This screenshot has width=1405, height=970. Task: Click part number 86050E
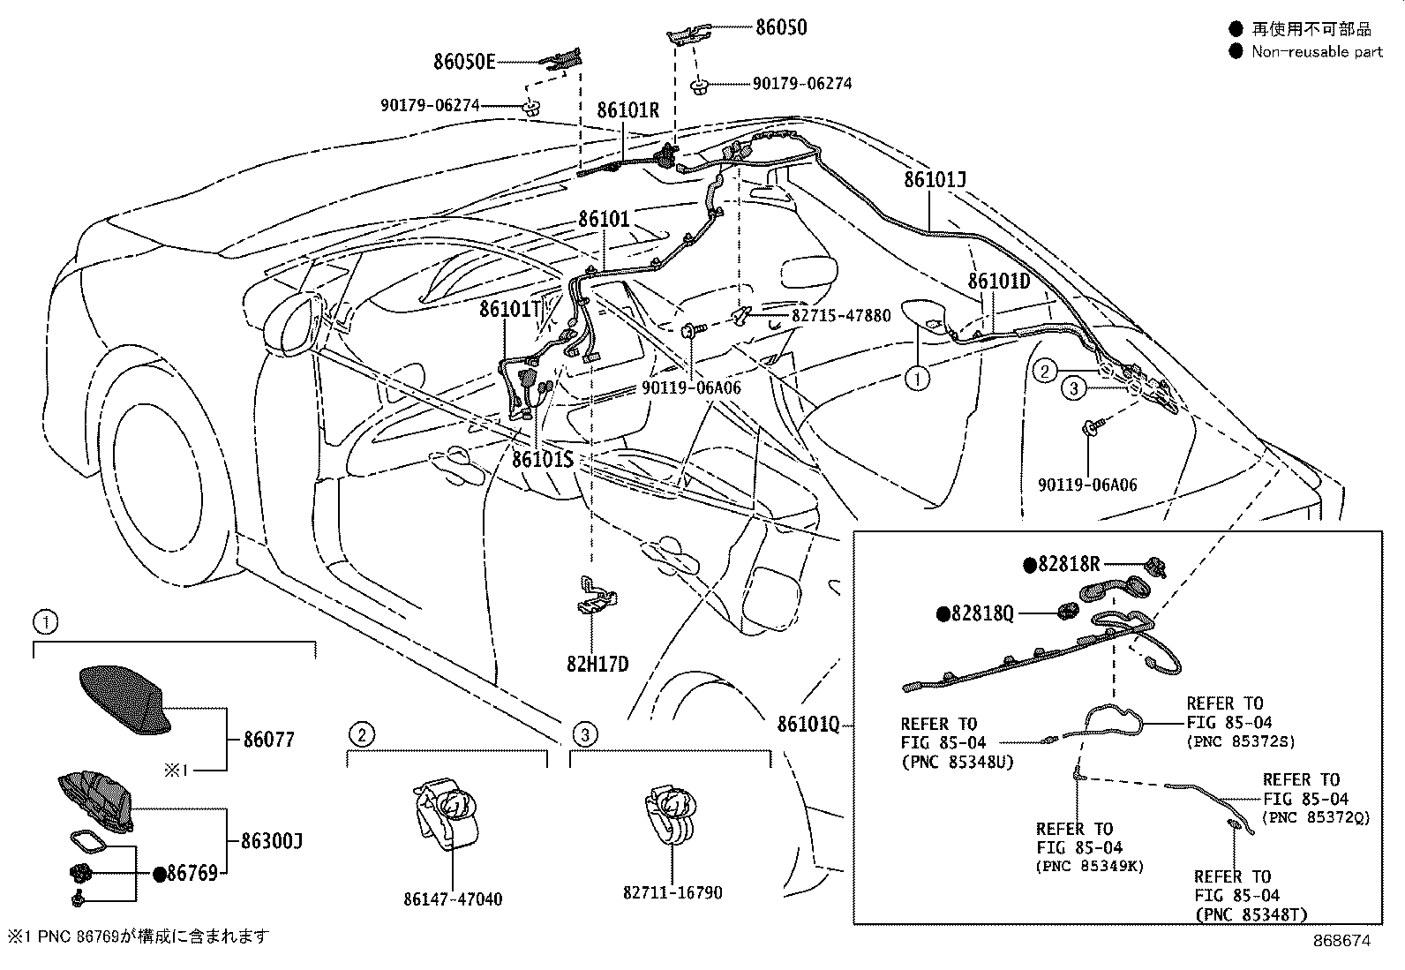(464, 62)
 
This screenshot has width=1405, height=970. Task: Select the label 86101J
(935, 180)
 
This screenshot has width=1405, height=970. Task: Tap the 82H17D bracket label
(597, 664)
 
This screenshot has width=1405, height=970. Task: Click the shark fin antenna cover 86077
(124, 700)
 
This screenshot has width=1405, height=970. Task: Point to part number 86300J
(272, 841)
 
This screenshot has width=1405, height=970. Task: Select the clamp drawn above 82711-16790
(672, 813)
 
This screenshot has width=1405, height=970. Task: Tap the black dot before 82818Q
(943, 613)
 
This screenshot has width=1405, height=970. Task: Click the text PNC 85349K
(1089, 866)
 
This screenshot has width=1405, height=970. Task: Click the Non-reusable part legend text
(1317, 51)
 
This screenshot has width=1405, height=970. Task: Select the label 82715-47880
(840, 315)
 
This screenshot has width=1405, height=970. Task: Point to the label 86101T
(509, 309)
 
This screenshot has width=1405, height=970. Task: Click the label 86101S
(543, 459)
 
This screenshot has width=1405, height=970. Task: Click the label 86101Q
(808, 724)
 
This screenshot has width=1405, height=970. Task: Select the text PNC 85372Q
(1316, 817)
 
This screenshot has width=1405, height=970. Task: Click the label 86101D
(999, 281)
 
